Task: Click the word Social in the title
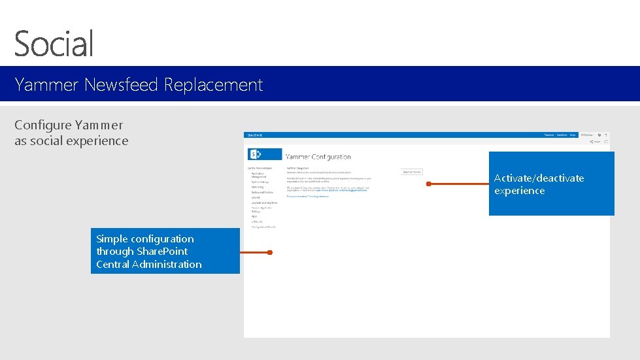(x=54, y=43)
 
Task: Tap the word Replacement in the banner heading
(x=213, y=85)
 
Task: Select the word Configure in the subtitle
(x=42, y=125)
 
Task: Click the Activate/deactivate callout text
(x=539, y=178)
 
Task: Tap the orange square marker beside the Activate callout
(x=428, y=184)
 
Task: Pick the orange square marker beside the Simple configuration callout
(x=269, y=252)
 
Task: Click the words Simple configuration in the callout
(x=144, y=239)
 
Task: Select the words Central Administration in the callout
(x=148, y=264)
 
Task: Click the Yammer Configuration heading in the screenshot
(x=318, y=157)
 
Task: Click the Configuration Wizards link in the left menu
(x=263, y=227)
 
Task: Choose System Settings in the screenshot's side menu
(x=260, y=182)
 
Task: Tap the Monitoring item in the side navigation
(x=258, y=187)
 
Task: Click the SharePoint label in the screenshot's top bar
(x=254, y=135)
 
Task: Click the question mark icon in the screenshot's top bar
(x=607, y=135)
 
